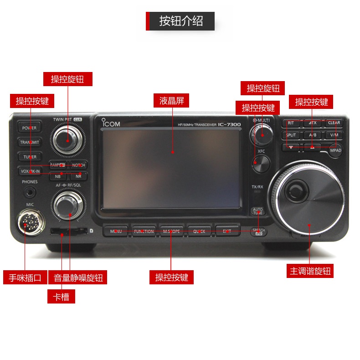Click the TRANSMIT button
[x=30, y=142]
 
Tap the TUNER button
[x=30, y=157]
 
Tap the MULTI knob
[x=261, y=134]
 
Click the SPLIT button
[x=291, y=135]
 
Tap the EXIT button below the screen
[x=227, y=231]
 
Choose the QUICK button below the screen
[x=199, y=231]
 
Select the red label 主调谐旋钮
[x=310, y=271]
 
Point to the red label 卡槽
[x=61, y=297]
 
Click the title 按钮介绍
[x=180, y=21]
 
